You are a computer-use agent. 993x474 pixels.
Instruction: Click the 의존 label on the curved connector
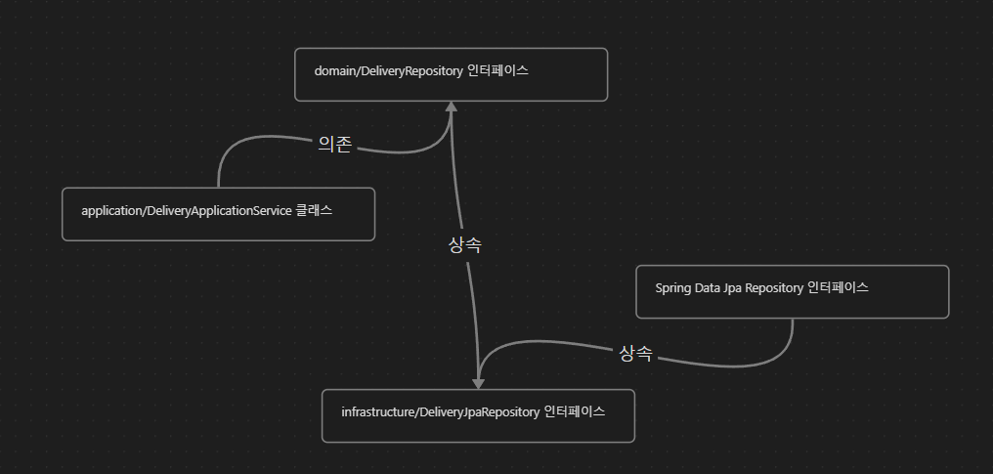point(335,144)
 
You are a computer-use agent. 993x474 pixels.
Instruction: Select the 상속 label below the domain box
point(464,245)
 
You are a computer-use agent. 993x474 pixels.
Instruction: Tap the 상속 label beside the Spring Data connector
point(635,353)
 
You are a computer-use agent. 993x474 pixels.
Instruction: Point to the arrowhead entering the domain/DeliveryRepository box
point(452,107)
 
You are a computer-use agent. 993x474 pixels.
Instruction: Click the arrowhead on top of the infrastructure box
point(478,381)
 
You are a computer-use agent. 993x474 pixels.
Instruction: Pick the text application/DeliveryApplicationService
point(187,211)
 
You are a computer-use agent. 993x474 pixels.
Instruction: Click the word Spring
point(673,288)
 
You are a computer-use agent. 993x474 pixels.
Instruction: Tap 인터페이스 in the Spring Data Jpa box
point(839,288)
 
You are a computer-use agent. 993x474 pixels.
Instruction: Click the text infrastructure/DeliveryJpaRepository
point(440,411)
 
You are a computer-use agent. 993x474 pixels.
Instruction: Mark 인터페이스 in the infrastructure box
point(574,411)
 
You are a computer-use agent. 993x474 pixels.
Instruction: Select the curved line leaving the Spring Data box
point(743,365)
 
